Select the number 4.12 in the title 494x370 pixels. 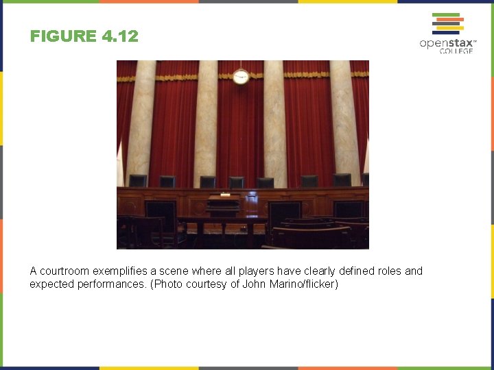click(x=119, y=36)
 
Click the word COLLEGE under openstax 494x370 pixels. click(x=456, y=51)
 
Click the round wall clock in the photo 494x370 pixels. click(x=241, y=76)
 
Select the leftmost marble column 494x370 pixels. click(x=141, y=123)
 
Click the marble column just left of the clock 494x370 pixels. click(x=204, y=123)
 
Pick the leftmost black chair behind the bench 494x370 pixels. click(x=138, y=181)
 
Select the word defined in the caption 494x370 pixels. click(x=356, y=271)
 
